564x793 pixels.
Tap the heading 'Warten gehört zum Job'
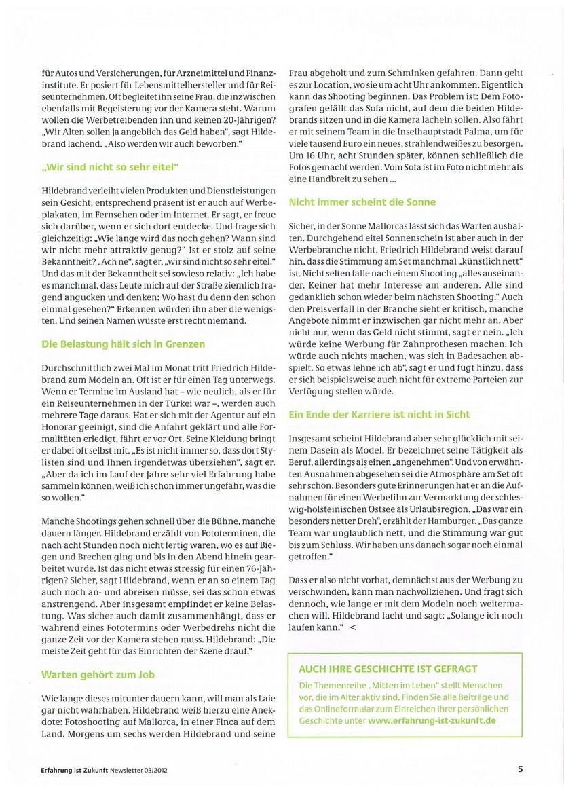pos(98,674)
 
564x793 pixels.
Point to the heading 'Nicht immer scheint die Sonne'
pos(362,202)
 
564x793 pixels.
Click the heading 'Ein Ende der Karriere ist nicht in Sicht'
pos(389,414)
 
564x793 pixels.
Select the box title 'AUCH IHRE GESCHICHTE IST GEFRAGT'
pos(388,669)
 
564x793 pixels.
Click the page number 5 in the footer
pos(520,769)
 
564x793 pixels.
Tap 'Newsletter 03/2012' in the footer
pos(136,769)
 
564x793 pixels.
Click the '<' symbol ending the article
pos(352,628)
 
